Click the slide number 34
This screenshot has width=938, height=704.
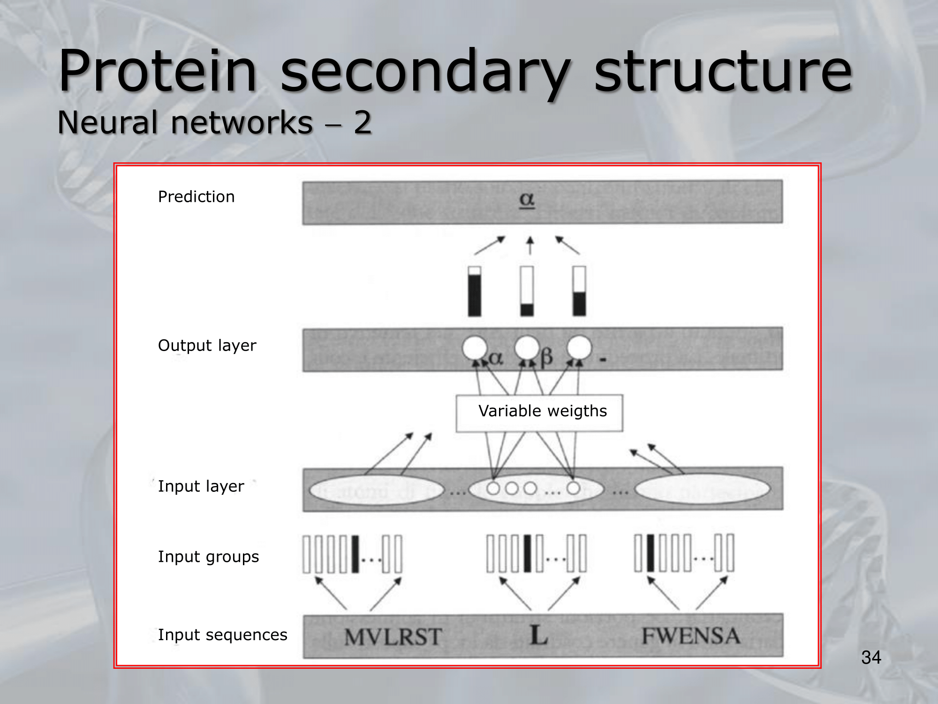coord(871,658)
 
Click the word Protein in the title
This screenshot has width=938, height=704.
coord(158,71)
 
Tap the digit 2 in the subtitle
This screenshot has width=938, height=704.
coord(363,123)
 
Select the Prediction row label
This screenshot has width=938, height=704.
coord(196,197)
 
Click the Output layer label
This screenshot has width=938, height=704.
coord(207,345)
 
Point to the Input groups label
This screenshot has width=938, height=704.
coord(208,557)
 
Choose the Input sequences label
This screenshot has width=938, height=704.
coord(222,635)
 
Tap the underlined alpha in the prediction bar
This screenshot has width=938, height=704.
coord(527,200)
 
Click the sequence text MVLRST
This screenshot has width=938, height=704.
coord(393,637)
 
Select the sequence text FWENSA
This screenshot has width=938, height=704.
coord(691,636)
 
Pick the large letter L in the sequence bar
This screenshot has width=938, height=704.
coord(539,635)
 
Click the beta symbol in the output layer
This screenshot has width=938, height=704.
coord(546,358)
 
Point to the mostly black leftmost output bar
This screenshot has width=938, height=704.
coord(475,291)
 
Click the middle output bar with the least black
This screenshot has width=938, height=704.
coord(527,291)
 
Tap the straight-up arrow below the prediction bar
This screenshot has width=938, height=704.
coord(530,245)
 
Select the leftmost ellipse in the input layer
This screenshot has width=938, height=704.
coord(376,490)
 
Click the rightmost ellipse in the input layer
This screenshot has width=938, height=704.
coord(702,489)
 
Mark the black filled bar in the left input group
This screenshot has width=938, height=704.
coord(355,554)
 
